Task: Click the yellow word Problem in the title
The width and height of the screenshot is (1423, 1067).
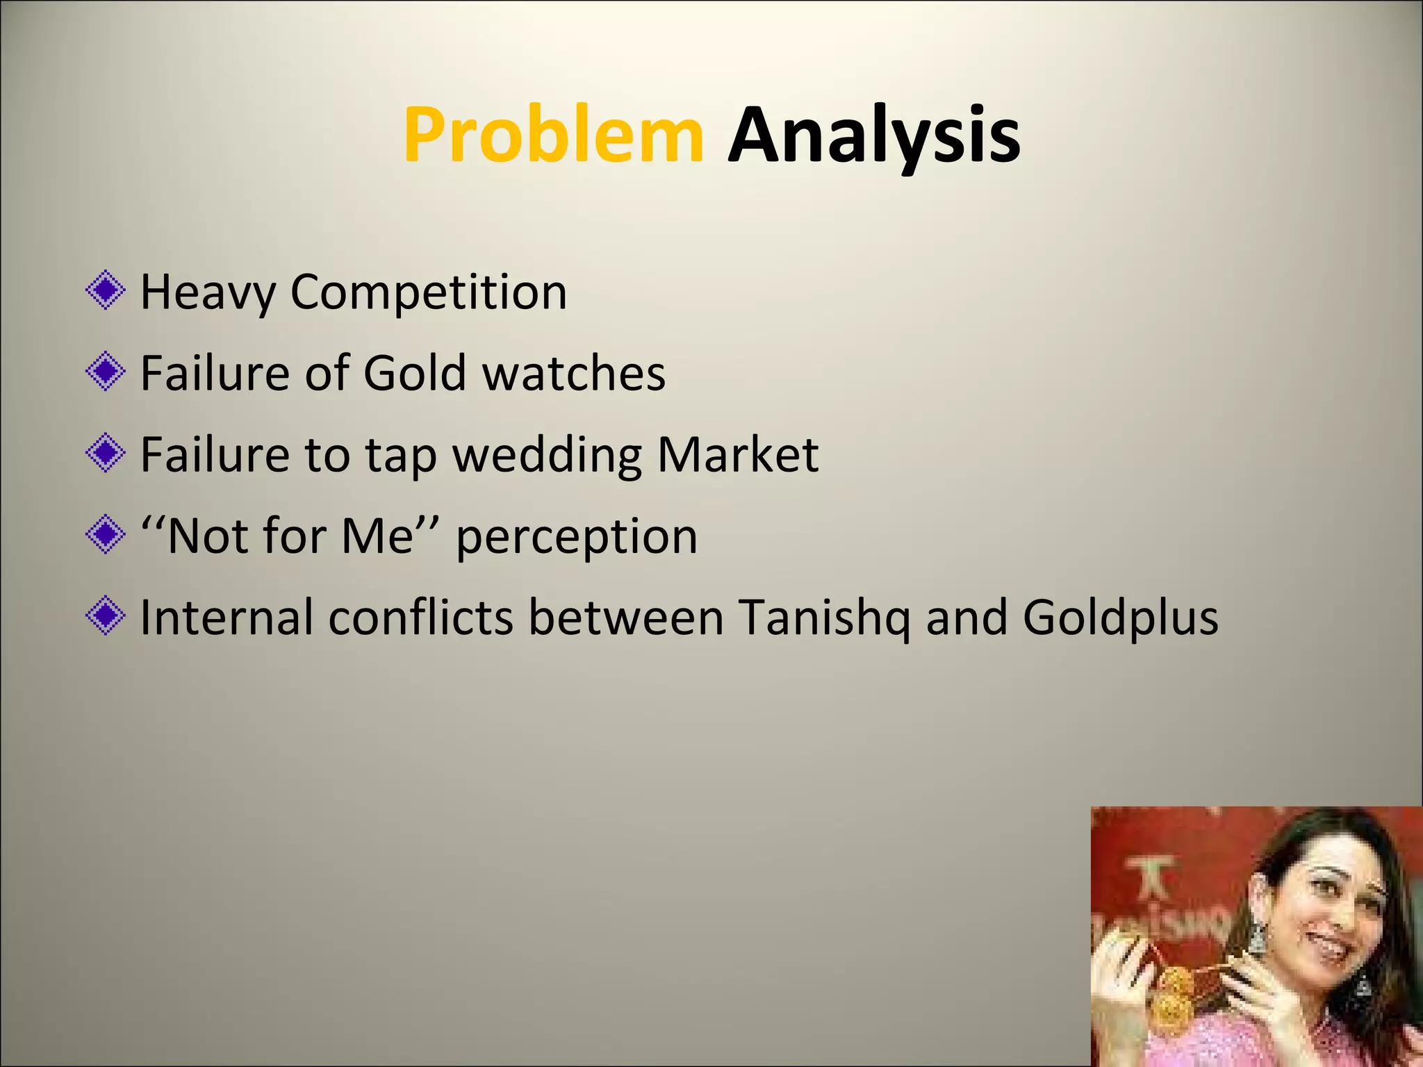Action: click(x=553, y=135)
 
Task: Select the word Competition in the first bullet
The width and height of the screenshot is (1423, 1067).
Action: click(x=428, y=292)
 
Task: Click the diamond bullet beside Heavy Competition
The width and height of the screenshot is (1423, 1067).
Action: click(x=106, y=290)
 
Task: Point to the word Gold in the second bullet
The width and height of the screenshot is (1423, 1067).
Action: click(x=414, y=373)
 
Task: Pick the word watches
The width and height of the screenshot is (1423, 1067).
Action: click(x=574, y=373)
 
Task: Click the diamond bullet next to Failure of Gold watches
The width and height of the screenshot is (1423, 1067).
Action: click(x=106, y=372)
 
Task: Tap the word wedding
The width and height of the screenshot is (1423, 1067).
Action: click(x=548, y=455)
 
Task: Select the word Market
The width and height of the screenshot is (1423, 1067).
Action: click(x=737, y=455)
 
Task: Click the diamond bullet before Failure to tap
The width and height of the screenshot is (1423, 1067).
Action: click(x=106, y=454)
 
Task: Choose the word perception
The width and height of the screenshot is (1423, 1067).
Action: click(x=576, y=537)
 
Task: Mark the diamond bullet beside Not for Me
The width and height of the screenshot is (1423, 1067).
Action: click(x=106, y=535)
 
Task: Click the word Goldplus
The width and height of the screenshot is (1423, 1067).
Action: click(x=1120, y=618)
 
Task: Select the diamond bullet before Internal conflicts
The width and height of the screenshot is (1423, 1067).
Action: click(x=106, y=616)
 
